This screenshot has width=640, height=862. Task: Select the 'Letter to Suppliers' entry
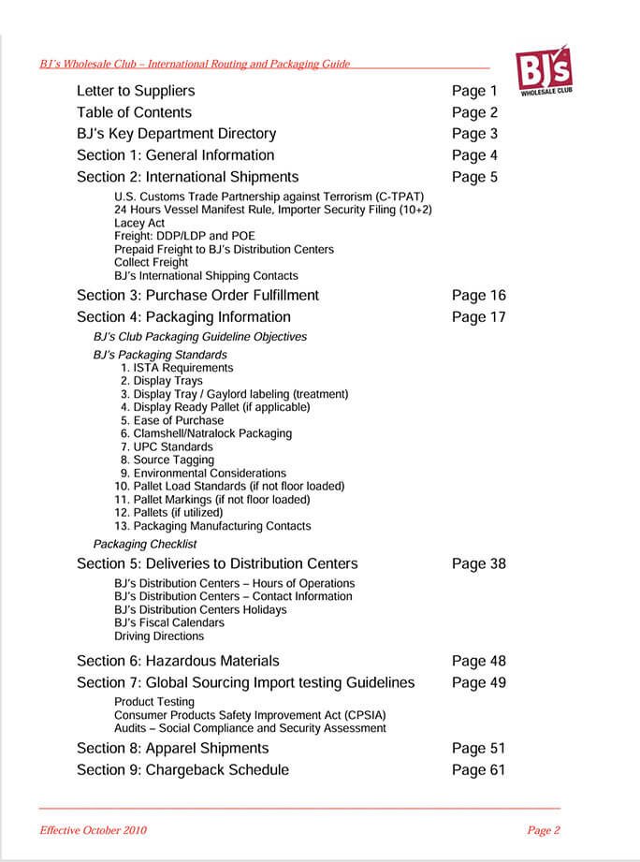[136, 91]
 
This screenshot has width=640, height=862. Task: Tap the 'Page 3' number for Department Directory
[474, 134]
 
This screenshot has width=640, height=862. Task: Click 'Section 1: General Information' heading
[175, 155]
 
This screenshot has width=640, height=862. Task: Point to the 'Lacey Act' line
[139, 224]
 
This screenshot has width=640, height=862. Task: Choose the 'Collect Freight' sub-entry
[151, 263]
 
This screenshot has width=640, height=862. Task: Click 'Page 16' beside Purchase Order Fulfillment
[478, 296]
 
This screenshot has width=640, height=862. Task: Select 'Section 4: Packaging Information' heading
[183, 317]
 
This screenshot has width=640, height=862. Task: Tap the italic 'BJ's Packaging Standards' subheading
[160, 355]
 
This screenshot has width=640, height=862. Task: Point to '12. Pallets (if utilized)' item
[169, 513]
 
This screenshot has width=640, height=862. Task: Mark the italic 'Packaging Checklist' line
[145, 544]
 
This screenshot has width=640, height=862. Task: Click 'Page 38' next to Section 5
[478, 564]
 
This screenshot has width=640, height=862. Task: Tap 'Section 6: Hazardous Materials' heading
[178, 662]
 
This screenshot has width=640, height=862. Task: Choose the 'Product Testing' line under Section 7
[154, 702]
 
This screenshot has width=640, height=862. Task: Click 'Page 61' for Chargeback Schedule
[478, 770]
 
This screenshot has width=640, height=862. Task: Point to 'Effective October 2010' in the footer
[93, 830]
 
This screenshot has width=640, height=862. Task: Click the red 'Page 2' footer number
[544, 830]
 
